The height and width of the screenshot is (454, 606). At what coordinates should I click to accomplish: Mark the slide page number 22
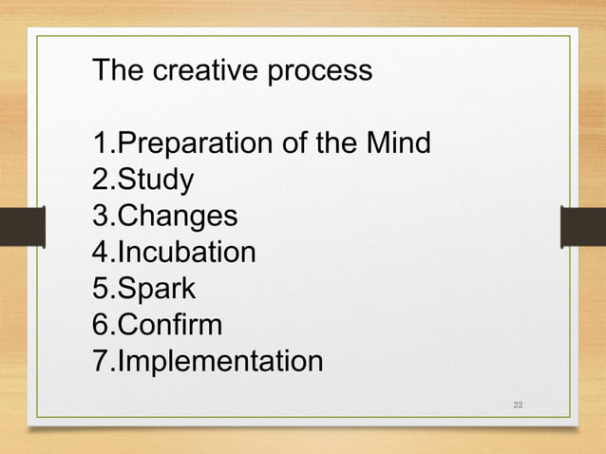[518, 407]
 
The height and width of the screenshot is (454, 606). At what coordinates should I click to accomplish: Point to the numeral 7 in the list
[98, 362]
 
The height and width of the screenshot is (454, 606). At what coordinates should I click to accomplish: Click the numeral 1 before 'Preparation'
[98, 144]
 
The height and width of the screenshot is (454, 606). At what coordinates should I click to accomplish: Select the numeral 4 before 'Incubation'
[98, 254]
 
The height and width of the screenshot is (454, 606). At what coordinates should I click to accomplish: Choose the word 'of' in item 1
[292, 144]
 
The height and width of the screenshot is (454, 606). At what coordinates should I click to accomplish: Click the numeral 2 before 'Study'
[98, 180]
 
